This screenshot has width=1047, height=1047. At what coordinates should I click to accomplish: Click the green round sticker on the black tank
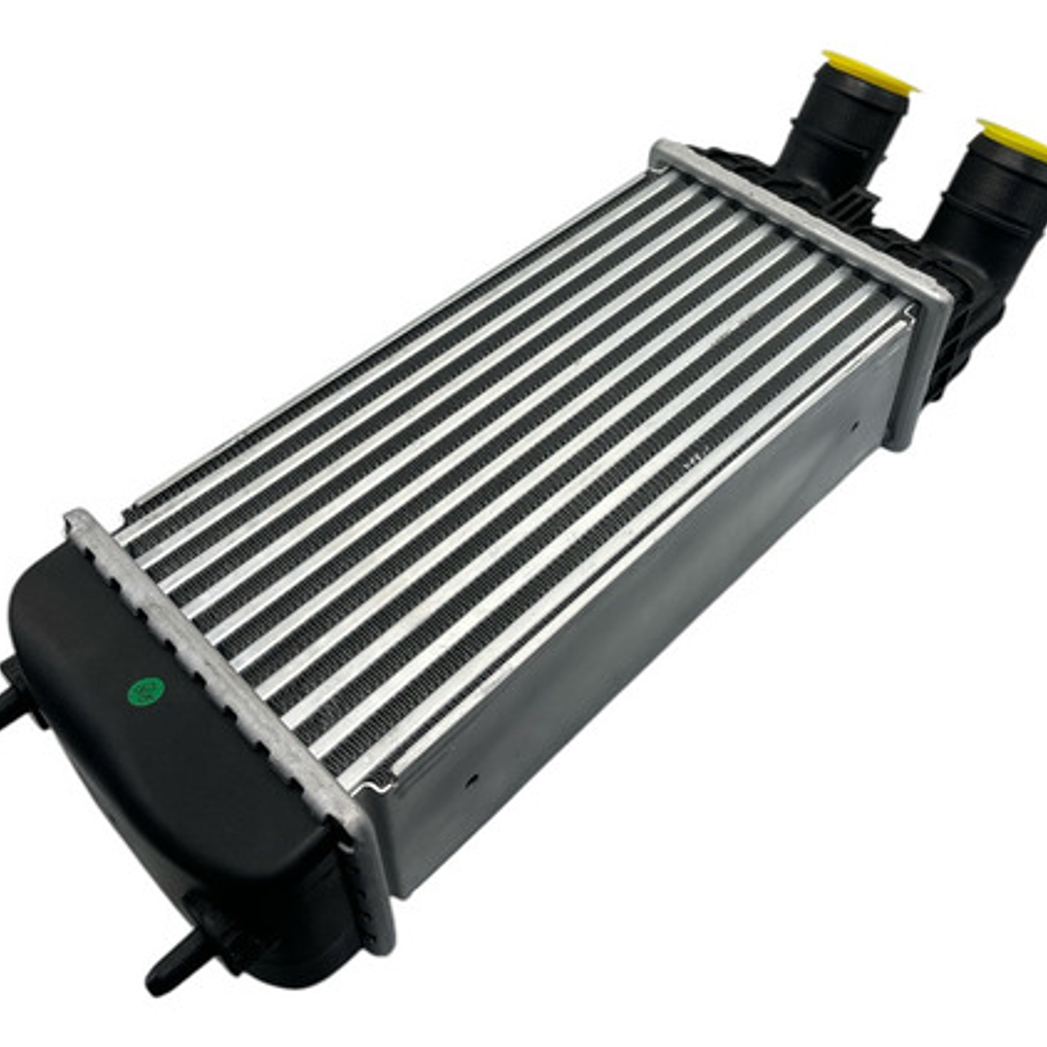point(146,690)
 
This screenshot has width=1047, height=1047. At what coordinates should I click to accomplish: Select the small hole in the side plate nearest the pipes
point(855,424)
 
